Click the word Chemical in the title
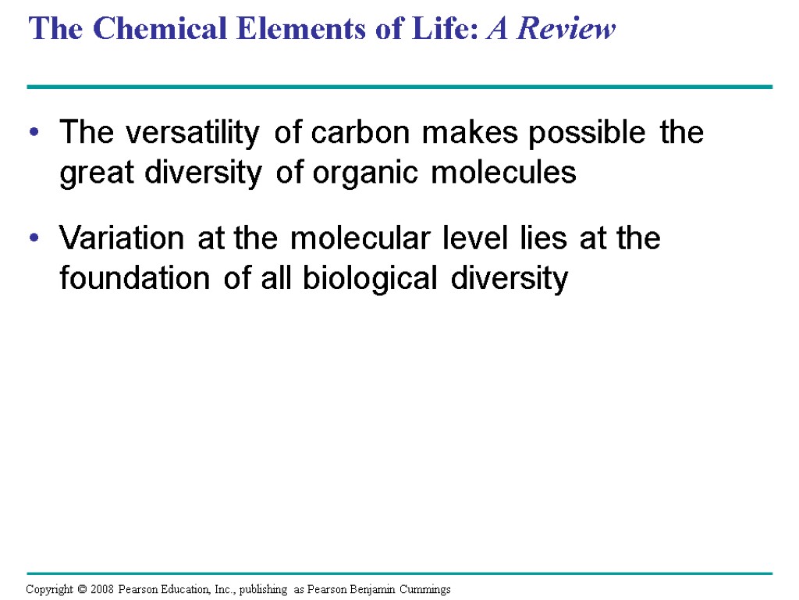click(147, 30)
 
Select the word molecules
click(505, 173)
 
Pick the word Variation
click(123, 238)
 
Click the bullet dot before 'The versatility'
click(33, 134)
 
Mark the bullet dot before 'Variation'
click(33, 239)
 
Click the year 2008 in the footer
click(101, 589)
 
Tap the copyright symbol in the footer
click(78, 589)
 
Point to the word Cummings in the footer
click(425, 589)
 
